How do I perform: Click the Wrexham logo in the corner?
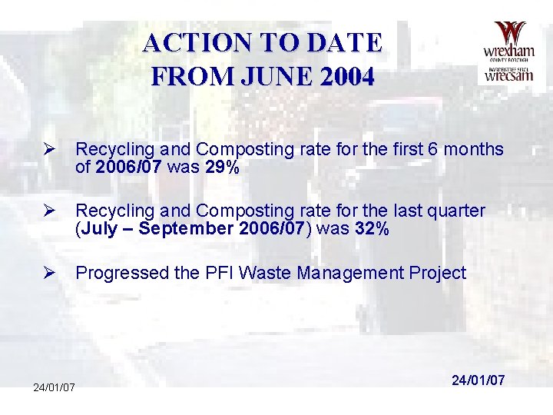(508, 51)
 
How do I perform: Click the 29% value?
(223, 167)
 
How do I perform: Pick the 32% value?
(372, 228)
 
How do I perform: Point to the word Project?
(439, 273)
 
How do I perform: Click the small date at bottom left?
(54, 387)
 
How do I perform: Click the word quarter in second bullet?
(457, 211)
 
